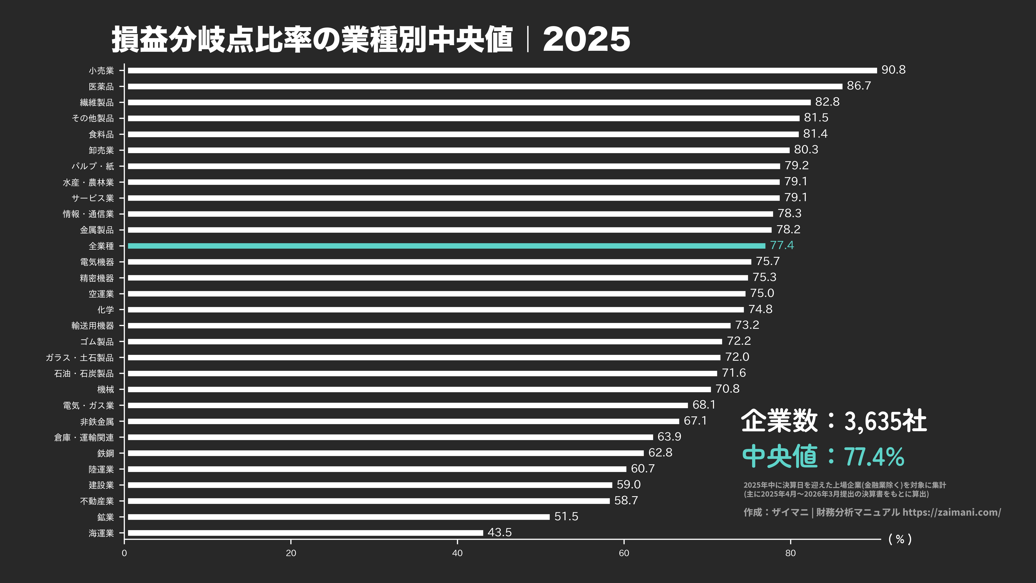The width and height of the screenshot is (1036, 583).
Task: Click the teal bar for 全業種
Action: click(447, 246)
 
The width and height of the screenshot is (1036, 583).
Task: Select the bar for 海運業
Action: click(306, 533)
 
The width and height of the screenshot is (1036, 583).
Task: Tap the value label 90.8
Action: click(893, 70)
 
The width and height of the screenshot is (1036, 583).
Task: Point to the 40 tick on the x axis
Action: click(457, 553)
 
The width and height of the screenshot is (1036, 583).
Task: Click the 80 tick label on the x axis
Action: click(790, 553)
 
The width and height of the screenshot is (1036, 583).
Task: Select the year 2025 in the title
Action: click(586, 40)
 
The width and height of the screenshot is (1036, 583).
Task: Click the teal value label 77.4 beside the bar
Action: click(781, 245)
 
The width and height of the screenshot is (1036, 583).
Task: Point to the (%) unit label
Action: click(900, 539)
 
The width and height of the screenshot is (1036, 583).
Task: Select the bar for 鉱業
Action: click(339, 517)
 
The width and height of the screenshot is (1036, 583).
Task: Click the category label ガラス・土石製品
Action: click(80, 357)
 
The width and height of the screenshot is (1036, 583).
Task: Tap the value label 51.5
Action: click(566, 516)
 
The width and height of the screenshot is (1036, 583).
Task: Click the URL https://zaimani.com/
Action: click(951, 512)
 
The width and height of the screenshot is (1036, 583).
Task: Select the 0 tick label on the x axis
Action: click(124, 553)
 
